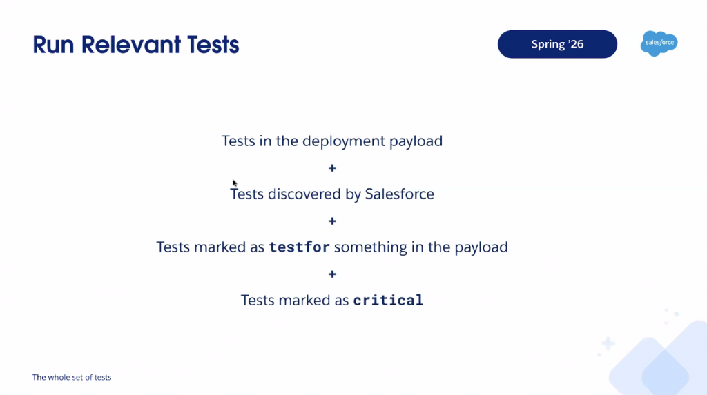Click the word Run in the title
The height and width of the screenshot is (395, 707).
pyautogui.click(x=54, y=45)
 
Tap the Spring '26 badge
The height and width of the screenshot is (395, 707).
pyautogui.click(x=557, y=44)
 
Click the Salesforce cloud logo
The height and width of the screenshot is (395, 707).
pyautogui.click(x=659, y=43)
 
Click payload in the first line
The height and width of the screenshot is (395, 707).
pyautogui.click(x=416, y=141)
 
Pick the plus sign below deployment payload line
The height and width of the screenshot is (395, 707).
pyautogui.click(x=332, y=168)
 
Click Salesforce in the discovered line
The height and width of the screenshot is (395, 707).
pyautogui.click(x=400, y=194)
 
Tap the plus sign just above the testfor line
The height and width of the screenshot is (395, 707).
pyautogui.click(x=332, y=221)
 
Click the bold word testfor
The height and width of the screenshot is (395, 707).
pyautogui.click(x=299, y=247)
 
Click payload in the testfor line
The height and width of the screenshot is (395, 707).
pyautogui.click(x=481, y=247)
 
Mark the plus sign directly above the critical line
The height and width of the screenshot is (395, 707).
pyautogui.click(x=332, y=274)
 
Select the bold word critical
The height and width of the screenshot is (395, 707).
pyautogui.click(x=388, y=301)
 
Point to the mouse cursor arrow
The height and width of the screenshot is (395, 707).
pyautogui.click(x=235, y=183)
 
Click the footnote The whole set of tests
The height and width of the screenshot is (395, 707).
pyautogui.click(x=72, y=378)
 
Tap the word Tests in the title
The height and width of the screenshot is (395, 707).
pyautogui.click(x=206, y=45)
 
